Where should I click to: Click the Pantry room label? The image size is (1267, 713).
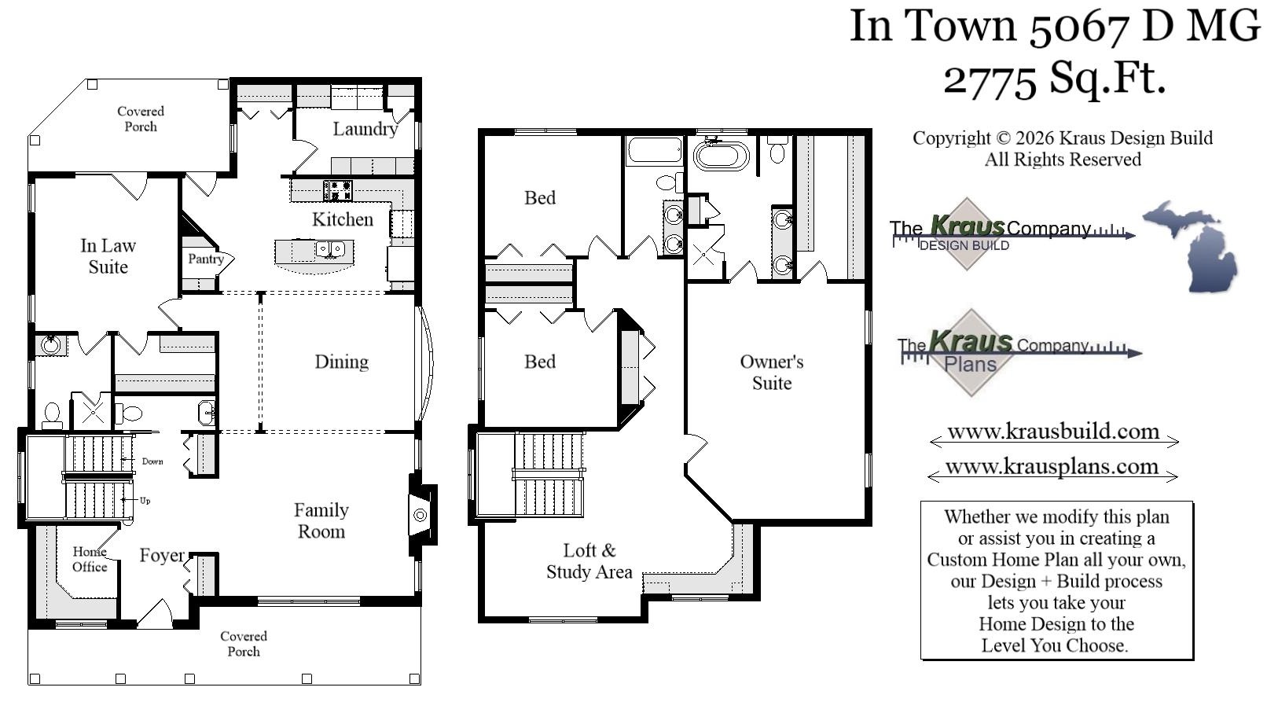205,259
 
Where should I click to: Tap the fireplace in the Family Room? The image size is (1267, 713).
420,515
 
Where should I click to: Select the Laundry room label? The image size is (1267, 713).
365,129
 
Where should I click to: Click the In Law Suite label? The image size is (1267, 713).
108,256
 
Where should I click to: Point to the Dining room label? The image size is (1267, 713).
341,362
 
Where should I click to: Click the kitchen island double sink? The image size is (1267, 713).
330,249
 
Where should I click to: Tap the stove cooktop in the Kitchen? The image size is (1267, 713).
339,189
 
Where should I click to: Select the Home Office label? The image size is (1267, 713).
90,559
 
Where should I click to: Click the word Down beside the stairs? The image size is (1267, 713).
152,461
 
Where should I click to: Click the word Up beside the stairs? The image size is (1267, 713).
145,501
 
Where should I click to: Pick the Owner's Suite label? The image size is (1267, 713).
771,373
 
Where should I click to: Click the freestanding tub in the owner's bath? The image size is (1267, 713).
722,155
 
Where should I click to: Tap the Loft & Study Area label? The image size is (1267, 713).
589,561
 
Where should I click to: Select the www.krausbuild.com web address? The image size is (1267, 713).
1052,432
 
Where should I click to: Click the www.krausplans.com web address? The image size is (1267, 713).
1051,466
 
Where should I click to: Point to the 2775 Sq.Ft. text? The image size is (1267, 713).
1054,78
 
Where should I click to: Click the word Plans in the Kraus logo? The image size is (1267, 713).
970,365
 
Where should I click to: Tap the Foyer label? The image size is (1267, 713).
162,556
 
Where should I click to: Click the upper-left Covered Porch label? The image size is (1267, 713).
141,119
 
